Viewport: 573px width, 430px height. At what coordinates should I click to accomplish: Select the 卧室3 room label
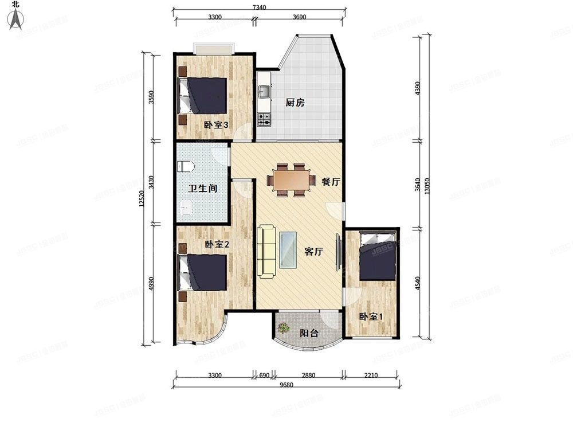click(x=216, y=125)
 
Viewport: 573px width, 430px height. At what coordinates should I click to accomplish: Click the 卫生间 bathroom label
click(x=203, y=188)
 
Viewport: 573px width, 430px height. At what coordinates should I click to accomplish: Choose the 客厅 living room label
click(x=313, y=251)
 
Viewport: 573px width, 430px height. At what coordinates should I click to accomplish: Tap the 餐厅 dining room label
click(x=331, y=182)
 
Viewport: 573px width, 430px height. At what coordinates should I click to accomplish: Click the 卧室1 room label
click(x=371, y=316)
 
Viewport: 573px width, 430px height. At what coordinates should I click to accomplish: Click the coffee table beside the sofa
click(x=288, y=250)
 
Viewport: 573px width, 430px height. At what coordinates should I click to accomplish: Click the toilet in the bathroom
click(x=186, y=167)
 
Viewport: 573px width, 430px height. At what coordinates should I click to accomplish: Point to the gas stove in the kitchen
click(x=264, y=119)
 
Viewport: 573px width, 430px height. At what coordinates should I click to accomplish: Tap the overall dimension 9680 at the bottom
click(x=286, y=385)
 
